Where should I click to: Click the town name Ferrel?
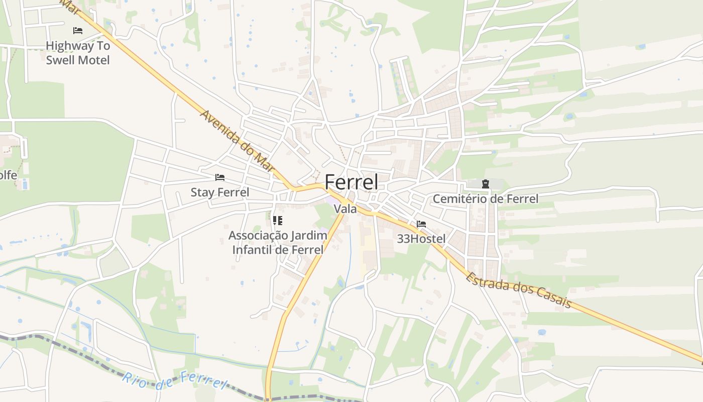(351, 182)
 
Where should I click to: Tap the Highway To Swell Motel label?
(78, 53)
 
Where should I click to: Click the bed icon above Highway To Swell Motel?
(78, 31)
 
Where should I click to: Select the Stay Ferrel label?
(220, 192)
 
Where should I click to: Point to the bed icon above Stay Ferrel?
(219, 177)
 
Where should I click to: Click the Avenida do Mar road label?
(239, 141)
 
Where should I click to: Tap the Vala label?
(345, 209)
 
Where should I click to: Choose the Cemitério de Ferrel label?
(485, 199)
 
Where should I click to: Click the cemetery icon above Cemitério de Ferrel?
(485, 184)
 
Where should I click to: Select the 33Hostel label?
(421, 239)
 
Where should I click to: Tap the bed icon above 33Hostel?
(421, 224)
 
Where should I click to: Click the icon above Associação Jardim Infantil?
(278, 220)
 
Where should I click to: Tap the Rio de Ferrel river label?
(175, 380)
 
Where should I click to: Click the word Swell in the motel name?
(62, 60)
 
